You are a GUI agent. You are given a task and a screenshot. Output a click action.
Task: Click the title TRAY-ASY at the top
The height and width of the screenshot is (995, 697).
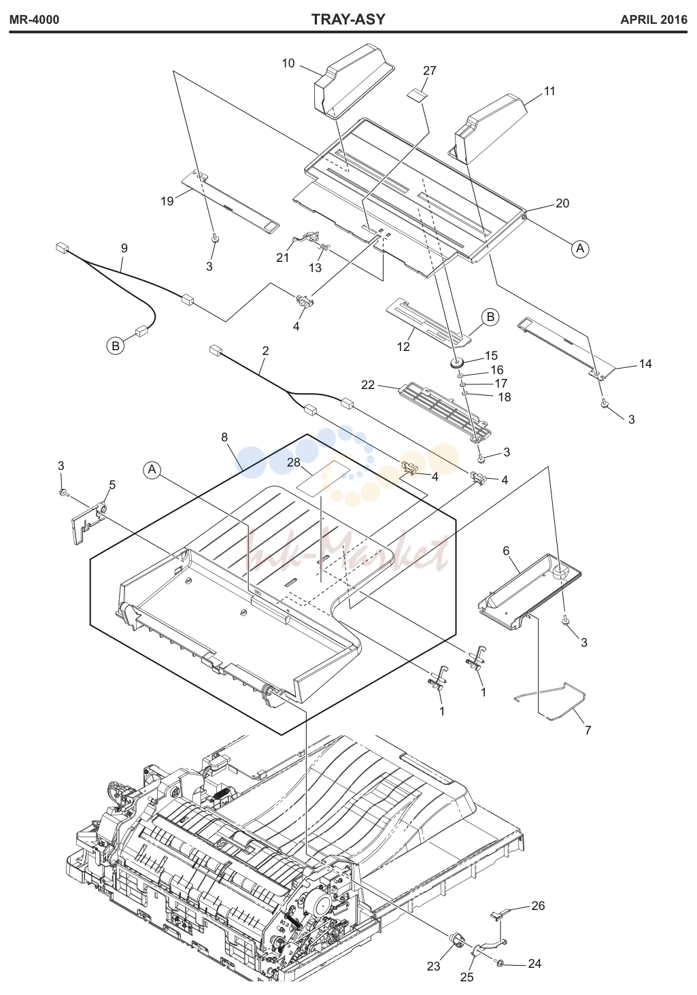coord(348,20)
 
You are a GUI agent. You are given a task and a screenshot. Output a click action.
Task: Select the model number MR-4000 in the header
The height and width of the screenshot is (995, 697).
coord(34,20)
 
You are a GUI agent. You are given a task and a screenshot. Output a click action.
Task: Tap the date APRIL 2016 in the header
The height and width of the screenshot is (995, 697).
coord(653,20)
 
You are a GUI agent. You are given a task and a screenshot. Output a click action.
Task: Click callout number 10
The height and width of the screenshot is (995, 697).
coord(288,63)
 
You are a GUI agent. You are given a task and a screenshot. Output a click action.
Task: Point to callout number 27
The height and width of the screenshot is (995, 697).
coord(430,71)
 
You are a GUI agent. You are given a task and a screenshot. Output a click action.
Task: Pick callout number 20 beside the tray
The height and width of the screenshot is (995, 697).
coord(562,203)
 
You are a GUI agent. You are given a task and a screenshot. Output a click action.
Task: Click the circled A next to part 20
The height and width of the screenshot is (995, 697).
coord(580,249)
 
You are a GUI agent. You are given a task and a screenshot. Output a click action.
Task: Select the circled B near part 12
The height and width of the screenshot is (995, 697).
coord(490,317)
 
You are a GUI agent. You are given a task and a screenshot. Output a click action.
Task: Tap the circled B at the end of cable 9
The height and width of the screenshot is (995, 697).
coord(116,345)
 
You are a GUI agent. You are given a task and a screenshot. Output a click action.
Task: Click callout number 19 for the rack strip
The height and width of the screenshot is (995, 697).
coord(167,201)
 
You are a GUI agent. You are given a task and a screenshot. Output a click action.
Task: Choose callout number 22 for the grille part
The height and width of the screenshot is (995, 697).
coord(368,385)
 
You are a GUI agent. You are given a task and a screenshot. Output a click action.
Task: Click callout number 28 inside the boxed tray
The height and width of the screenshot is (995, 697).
coord(294,462)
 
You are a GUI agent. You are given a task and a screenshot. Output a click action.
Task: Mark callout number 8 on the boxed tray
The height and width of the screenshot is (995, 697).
coord(224,437)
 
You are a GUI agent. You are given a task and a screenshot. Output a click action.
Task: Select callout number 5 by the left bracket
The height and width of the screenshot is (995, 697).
coord(112,485)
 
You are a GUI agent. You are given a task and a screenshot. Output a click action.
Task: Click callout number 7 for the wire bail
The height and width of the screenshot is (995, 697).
coord(588,730)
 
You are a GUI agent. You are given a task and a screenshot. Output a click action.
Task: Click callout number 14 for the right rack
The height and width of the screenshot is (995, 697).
coord(645,364)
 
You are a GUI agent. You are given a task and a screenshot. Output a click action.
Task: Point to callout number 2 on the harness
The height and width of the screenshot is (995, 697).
coord(266,351)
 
